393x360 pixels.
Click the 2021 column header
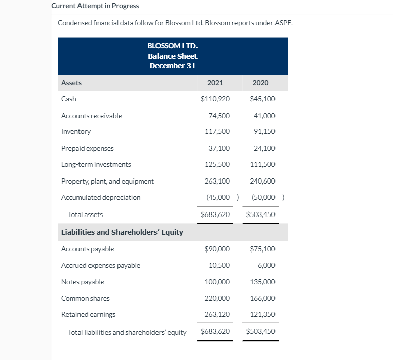point(215,83)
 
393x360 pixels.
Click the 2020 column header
point(260,83)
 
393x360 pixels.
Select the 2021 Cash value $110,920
point(215,99)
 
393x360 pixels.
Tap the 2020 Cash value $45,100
point(263,99)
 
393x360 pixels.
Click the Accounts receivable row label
point(92,116)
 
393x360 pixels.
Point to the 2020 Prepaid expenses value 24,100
point(264,149)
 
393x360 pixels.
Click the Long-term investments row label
point(96,165)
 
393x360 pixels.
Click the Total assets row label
point(85,214)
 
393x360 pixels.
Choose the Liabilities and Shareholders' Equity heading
point(122,232)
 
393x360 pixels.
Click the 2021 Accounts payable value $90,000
point(217,249)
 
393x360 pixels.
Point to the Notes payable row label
point(83,282)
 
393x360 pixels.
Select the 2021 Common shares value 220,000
point(217,298)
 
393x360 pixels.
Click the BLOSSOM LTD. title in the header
point(172,46)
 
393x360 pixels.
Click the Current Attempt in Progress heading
point(95,6)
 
